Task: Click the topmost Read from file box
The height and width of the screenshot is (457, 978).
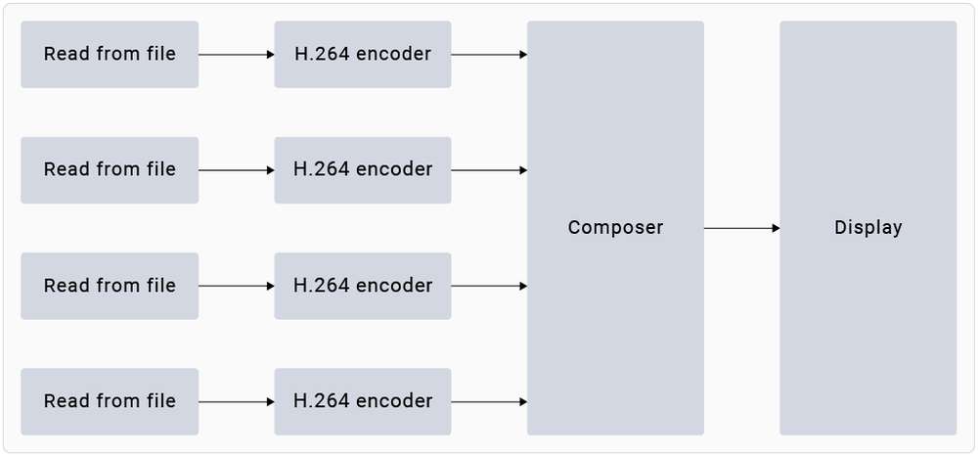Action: click(110, 55)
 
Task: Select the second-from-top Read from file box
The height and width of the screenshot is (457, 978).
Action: click(110, 170)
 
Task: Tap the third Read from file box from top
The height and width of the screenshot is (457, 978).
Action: click(110, 286)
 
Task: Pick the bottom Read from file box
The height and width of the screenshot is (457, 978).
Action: click(110, 401)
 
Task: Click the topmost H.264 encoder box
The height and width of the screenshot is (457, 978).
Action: click(363, 55)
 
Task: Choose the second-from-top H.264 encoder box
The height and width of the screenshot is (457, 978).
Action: click(363, 170)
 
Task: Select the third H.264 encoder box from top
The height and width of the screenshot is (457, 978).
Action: click(363, 286)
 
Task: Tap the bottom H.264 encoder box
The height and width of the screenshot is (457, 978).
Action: click(363, 401)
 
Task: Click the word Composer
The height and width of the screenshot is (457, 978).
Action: click(615, 228)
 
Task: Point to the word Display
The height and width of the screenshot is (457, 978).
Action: click(867, 228)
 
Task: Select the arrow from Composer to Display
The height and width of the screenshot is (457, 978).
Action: click(741, 228)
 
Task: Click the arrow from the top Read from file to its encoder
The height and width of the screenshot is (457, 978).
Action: click(237, 55)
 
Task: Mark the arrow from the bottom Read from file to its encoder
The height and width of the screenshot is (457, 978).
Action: click(237, 401)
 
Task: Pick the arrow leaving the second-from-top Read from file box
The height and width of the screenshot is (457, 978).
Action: click(237, 170)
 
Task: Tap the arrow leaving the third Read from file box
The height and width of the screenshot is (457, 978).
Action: click(237, 286)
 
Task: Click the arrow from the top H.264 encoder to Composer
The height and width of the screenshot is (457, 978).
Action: click(489, 55)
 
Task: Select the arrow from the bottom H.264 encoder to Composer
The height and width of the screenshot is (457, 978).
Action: click(489, 401)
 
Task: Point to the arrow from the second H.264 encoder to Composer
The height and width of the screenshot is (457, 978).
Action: click(489, 170)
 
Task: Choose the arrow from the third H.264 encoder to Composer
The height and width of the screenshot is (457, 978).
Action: click(489, 286)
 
